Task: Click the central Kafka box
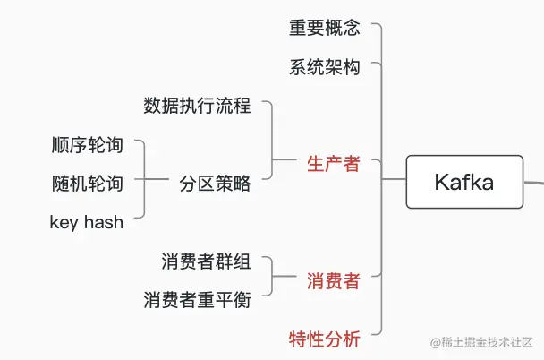(463, 182)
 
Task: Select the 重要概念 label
(324, 28)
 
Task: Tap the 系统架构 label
(324, 67)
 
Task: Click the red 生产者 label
(333, 164)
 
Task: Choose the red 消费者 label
(333, 281)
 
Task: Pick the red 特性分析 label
(324, 339)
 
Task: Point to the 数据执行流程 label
(197, 106)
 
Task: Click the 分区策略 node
(215, 184)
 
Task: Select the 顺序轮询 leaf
(87, 145)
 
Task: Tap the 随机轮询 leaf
(87, 184)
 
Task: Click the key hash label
(86, 222)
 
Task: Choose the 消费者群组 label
(206, 261)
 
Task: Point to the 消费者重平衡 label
(197, 300)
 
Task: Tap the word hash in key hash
(104, 222)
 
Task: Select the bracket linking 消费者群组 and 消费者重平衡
(271, 281)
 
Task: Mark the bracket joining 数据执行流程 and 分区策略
(271, 143)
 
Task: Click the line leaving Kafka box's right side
(533, 183)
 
